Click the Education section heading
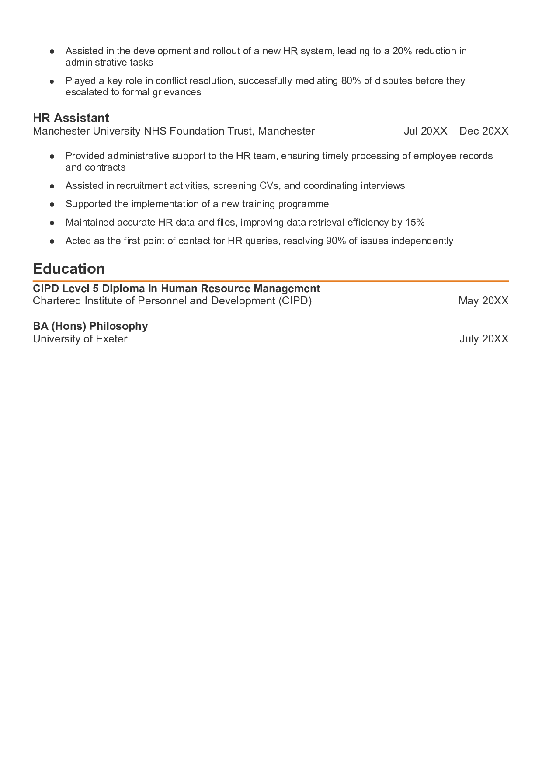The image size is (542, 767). tap(69, 268)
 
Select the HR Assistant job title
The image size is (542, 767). tap(71, 118)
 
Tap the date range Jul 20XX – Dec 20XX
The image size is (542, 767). tap(456, 131)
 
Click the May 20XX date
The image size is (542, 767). tap(483, 301)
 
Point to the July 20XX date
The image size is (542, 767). tap(484, 339)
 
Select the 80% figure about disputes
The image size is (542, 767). tap(351, 81)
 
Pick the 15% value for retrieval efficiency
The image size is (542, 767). tap(415, 223)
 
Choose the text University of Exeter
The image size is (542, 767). tap(80, 339)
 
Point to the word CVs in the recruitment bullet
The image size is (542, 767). tap(269, 186)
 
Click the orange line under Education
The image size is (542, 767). tap(271, 281)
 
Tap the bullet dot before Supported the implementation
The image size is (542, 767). tap(52, 205)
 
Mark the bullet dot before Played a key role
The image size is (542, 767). tap(52, 81)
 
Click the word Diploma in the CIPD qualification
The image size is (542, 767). tap(123, 289)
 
